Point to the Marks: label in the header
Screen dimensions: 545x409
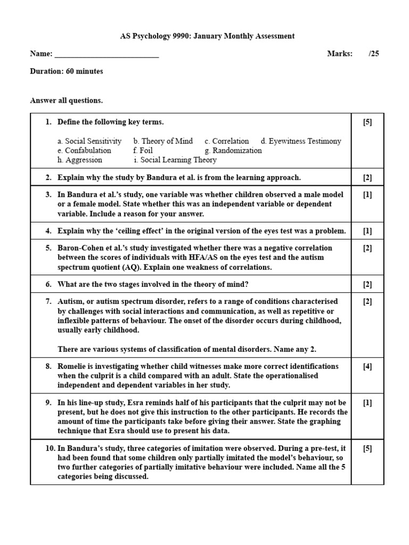click(x=339, y=54)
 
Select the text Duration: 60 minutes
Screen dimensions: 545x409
click(x=67, y=71)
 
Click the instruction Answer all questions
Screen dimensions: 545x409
click(x=67, y=101)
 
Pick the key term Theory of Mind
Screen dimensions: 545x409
click(x=163, y=141)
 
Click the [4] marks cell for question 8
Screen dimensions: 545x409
click(x=367, y=367)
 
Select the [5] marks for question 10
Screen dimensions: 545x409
click(x=367, y=449)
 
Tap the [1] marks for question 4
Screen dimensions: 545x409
click(x=367, y=231)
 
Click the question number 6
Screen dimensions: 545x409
click(x=48, y=284)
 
